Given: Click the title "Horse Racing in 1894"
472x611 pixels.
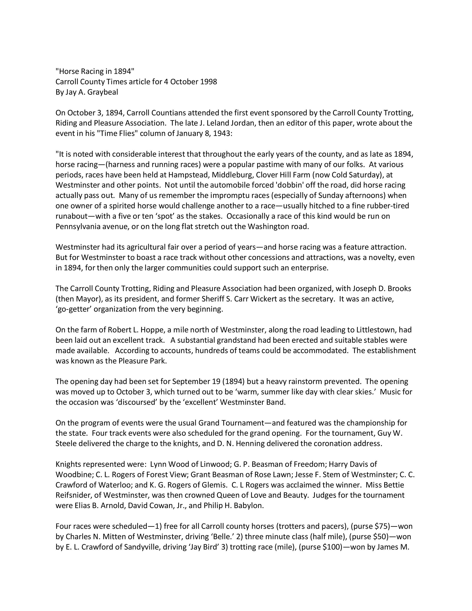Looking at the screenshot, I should [95, 71].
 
